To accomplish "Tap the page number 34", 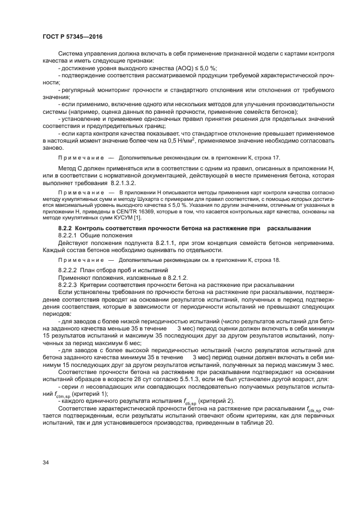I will click(46, 463).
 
